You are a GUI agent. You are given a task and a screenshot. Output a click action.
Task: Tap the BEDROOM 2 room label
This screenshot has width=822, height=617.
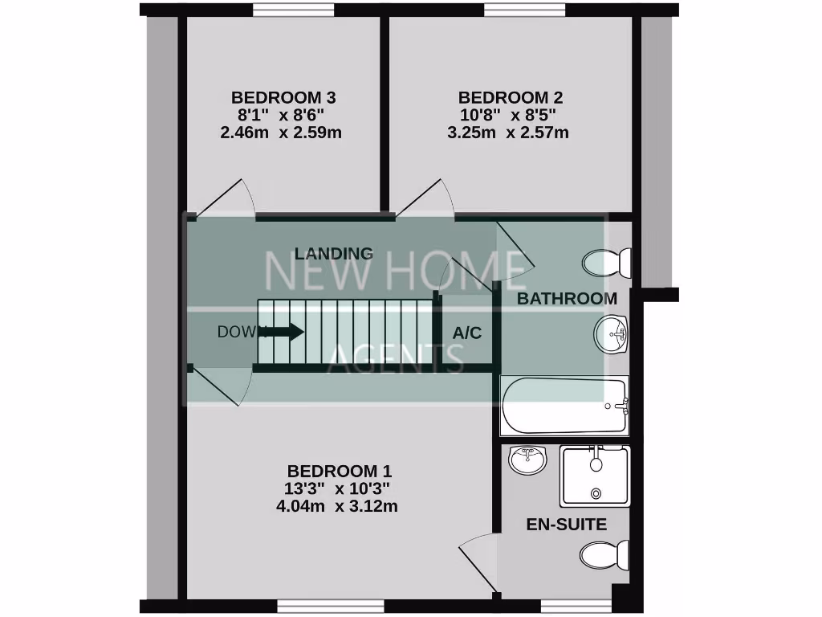coord(510,98)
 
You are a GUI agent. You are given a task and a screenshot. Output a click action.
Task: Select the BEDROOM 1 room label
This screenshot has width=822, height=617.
coord(340,471)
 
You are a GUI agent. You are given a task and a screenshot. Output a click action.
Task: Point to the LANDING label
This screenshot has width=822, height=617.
coord(334,254)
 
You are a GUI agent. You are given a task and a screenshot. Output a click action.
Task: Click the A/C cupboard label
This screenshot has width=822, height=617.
coord(467,333)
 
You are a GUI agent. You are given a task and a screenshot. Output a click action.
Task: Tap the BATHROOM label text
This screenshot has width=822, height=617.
coord(567,299)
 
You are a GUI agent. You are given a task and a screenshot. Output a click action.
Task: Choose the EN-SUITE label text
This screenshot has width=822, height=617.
coord(566,525)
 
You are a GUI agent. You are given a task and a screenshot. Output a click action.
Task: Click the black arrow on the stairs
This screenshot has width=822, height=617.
coord(282,331)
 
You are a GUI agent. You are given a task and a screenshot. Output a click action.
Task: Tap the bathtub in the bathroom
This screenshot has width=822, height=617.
coord(563,405)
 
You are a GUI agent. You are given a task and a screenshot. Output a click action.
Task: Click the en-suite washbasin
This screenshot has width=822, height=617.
coord(527,461)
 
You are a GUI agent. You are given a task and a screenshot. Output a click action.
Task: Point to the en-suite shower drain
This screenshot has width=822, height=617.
coord(595,493)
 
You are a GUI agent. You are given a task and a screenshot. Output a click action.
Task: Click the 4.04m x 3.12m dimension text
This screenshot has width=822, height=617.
coord(336,506)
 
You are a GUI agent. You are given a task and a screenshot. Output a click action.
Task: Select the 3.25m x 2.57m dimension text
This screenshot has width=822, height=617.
coord(508,133)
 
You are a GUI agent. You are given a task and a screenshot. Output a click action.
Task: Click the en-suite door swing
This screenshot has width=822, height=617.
coord(479,559)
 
